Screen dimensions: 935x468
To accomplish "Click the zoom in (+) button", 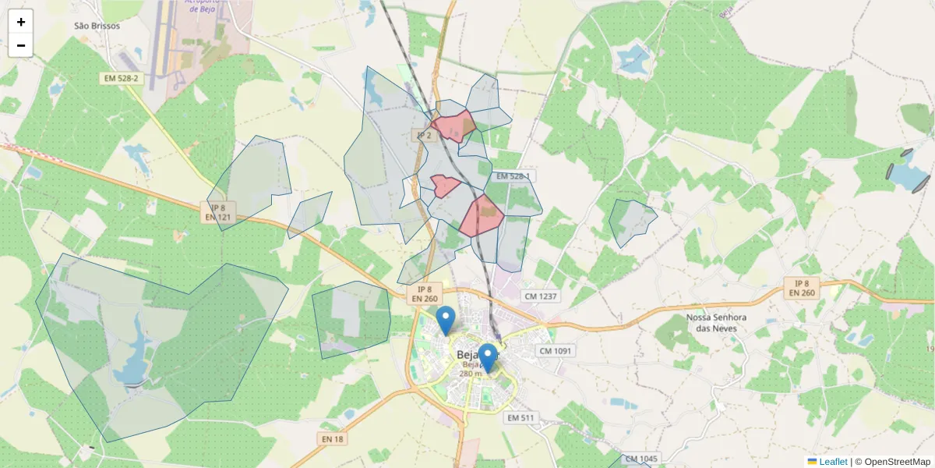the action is pos(21,22).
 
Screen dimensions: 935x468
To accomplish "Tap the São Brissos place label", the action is pos(97,26).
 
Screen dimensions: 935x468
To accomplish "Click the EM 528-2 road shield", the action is pos(120,79).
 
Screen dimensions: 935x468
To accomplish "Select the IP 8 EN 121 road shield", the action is pos(218,212).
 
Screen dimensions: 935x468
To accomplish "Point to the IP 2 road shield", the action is pos(424,135).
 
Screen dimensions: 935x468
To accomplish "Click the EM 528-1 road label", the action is pos(512,176).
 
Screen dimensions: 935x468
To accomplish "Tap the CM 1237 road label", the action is pos(541,296).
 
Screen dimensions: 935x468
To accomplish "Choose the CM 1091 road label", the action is pos(556,351).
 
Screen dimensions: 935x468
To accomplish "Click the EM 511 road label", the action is pos(520,418).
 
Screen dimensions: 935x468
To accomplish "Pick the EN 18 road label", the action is pos(332,439).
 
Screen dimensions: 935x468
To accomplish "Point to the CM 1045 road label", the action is pos(641,459).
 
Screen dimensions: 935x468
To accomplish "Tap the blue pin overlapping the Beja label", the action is pos(487,358).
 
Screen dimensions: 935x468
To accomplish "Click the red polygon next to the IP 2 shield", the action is pos(454,126).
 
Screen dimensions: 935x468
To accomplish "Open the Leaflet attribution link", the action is pos(833,462).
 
